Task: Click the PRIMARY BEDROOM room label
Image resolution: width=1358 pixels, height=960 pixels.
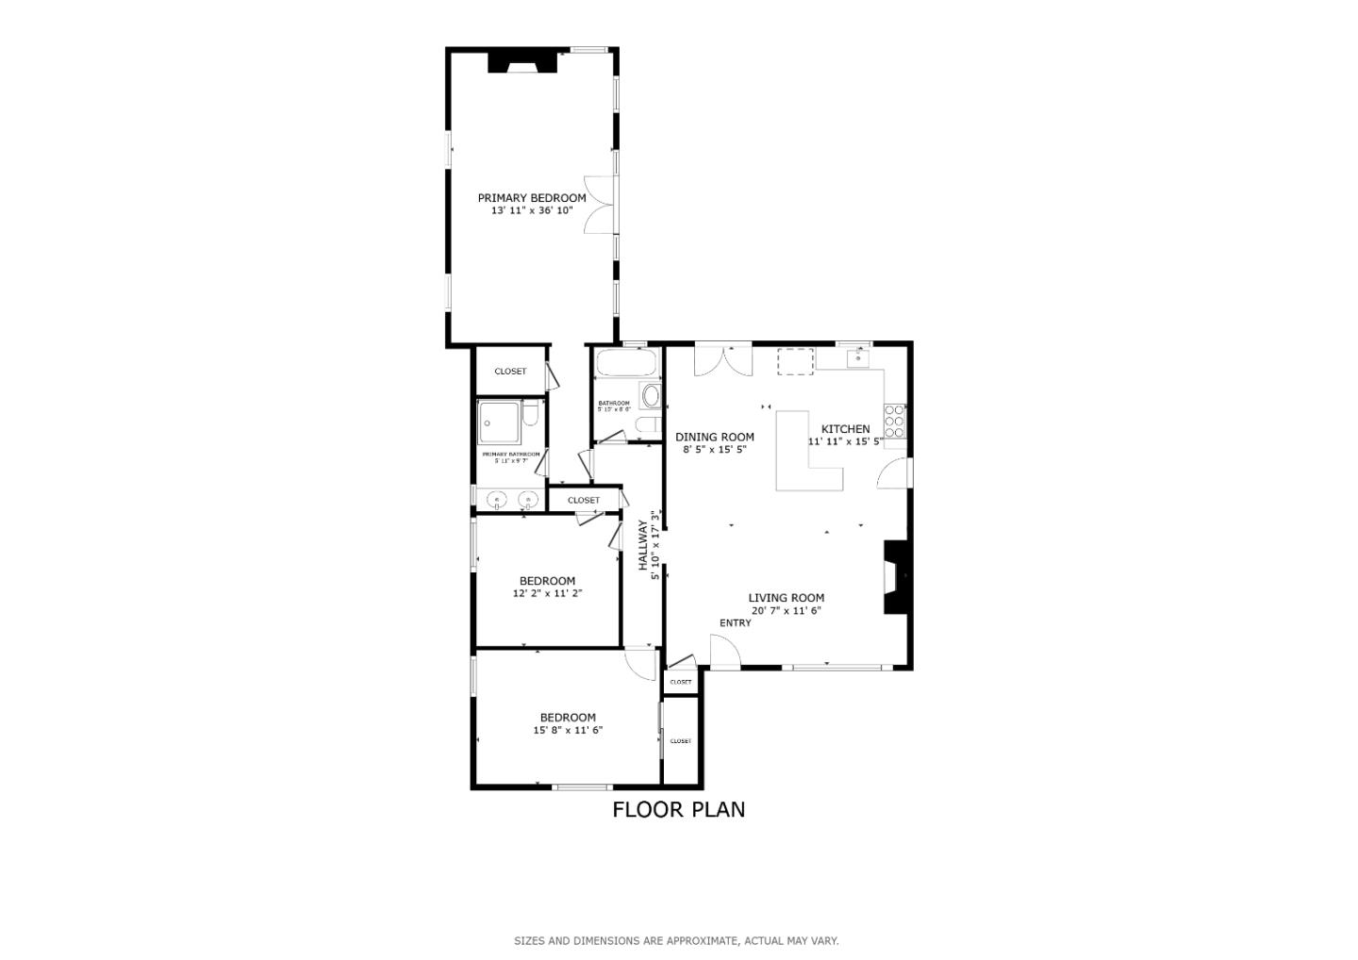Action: point(531,198)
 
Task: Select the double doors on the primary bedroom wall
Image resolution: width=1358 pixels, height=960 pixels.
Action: point(600,204)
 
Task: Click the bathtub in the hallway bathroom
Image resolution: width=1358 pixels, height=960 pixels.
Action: point(627,363)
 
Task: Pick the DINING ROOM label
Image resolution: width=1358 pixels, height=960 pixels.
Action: point(714,437)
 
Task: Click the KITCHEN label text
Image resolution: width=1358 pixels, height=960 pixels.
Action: point(845,429)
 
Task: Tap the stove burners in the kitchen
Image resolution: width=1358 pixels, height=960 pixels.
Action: point(894,421)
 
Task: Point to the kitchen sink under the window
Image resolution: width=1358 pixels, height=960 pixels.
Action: point(857,357)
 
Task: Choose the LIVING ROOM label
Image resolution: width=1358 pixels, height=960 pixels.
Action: point(786,598)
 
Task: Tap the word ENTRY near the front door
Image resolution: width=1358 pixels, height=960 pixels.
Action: point(736,623)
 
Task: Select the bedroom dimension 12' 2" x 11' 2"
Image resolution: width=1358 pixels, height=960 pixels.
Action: point(547,594)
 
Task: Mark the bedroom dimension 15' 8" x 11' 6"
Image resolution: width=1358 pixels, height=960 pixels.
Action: point(568,731)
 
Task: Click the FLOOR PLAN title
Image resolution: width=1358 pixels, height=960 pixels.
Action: point(678,809)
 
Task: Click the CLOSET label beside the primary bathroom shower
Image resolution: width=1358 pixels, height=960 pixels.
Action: point(510,372)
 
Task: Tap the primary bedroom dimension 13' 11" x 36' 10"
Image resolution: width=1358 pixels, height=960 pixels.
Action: point(531,211)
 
